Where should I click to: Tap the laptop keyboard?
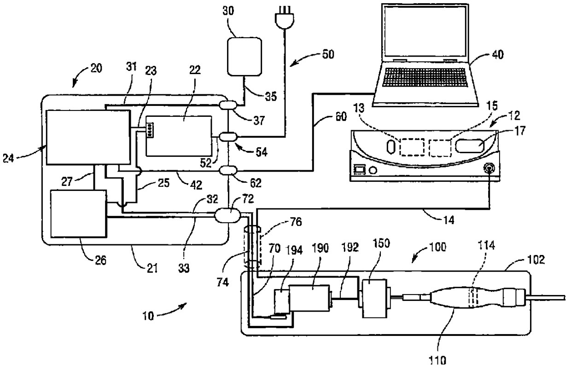425,77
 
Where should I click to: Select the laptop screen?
425,31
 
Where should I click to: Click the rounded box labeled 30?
245,57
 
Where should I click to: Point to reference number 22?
195,70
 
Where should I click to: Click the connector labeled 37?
228,105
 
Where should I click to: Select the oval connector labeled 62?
228,170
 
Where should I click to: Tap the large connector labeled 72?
227,215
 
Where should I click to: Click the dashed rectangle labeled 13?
412,147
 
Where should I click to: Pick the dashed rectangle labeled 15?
440,148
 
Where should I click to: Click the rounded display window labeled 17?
470,145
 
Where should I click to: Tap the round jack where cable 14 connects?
489,168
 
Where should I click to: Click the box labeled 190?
309,298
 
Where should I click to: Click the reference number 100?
437,247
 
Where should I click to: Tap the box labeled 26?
79,214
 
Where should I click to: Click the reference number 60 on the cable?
341,117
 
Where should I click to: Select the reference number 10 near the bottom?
148,316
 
